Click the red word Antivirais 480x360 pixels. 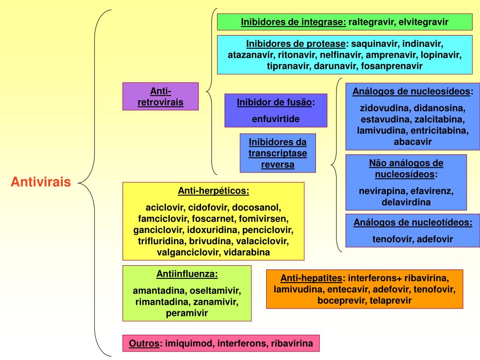pos(41,182)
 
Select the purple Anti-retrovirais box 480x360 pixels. pos(160,97)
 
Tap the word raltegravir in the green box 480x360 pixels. pos(371,22)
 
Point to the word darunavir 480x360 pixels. pos(336,66)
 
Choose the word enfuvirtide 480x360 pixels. pos(276,119)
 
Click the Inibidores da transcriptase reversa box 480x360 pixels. pos(277,153)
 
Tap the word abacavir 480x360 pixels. pos(412,141)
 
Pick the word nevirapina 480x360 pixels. pos(383,191)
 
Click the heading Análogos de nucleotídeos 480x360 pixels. pos(413,223)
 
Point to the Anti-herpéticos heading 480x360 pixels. pos(213,191)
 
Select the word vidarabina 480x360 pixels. pos(247,252)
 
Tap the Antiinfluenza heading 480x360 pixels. pos(187,274)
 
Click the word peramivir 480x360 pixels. pos(187,313)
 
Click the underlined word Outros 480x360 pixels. pos(144,344)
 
